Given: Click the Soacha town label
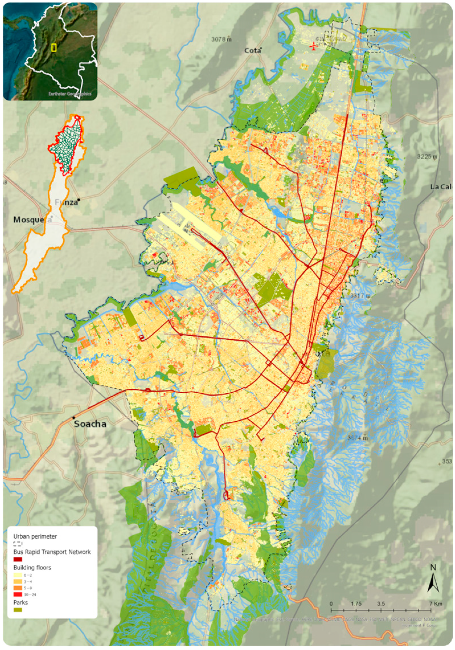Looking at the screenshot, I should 90,424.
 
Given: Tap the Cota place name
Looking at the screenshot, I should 252,51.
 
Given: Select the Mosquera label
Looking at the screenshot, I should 32,220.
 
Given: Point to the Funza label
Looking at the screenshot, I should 66,202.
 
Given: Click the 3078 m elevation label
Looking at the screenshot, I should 221,39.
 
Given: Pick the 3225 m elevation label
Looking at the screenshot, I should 427,157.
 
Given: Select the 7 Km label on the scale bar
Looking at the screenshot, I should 436,603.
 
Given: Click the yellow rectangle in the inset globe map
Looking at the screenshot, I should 53,48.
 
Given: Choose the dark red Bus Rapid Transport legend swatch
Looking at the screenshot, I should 18,559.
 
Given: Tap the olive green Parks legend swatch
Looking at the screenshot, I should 18,609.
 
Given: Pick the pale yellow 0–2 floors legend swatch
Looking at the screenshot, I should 18,575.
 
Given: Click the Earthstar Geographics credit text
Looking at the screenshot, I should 70,94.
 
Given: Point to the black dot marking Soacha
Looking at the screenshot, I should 74,418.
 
